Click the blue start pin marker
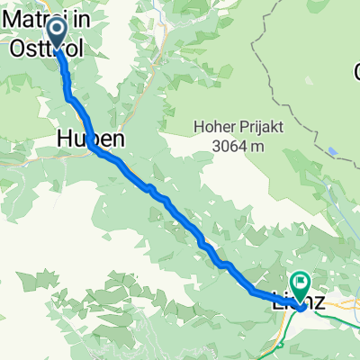coord(56,34)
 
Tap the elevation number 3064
coord(227,145)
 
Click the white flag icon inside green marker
coord(298,281)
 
